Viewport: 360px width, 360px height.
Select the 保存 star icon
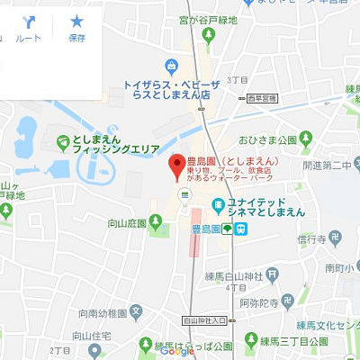(x=76, y=27)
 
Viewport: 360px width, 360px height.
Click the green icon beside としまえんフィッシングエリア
(x=63, y=140)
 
